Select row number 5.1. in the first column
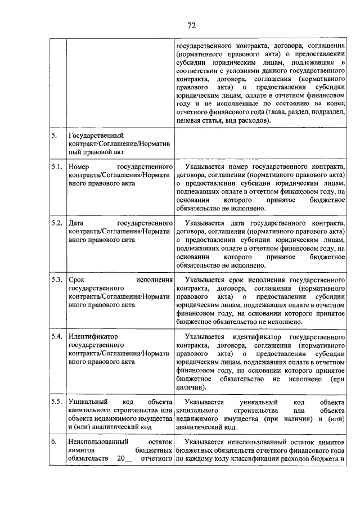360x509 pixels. click(56, 168)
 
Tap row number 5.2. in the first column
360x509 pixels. click(56, 223)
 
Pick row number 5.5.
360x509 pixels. click(56, 403)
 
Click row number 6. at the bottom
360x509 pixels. click(53, 442)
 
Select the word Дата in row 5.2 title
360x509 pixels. click(76, 223)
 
